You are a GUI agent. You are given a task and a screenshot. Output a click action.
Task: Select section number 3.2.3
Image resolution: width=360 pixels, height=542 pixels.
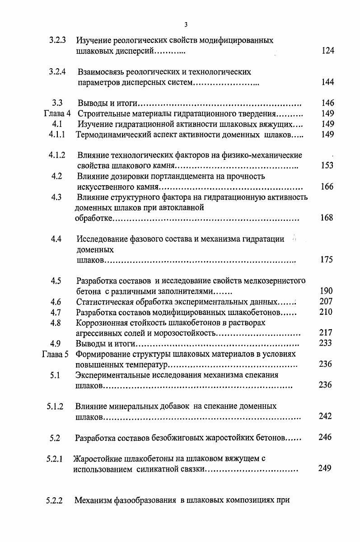(58, 40)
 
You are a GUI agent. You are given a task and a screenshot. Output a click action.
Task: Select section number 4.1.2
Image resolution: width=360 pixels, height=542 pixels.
(57, 155)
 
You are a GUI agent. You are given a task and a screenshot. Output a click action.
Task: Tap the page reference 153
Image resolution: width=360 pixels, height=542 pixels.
(327, 166)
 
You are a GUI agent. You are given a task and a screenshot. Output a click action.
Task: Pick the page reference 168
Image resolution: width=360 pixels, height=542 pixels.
(326, 218)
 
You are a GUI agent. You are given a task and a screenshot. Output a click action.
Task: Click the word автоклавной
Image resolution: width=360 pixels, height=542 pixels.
(185, 208)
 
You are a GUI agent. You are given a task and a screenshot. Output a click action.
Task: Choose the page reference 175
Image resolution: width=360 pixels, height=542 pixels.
(326, 260)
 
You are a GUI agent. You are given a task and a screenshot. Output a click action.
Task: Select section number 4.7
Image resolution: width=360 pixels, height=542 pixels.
(56, 312)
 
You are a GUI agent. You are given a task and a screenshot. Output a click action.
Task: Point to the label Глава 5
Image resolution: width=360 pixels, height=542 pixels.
(55, 354)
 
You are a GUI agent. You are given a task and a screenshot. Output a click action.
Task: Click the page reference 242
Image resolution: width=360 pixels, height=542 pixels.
(325, 416)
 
